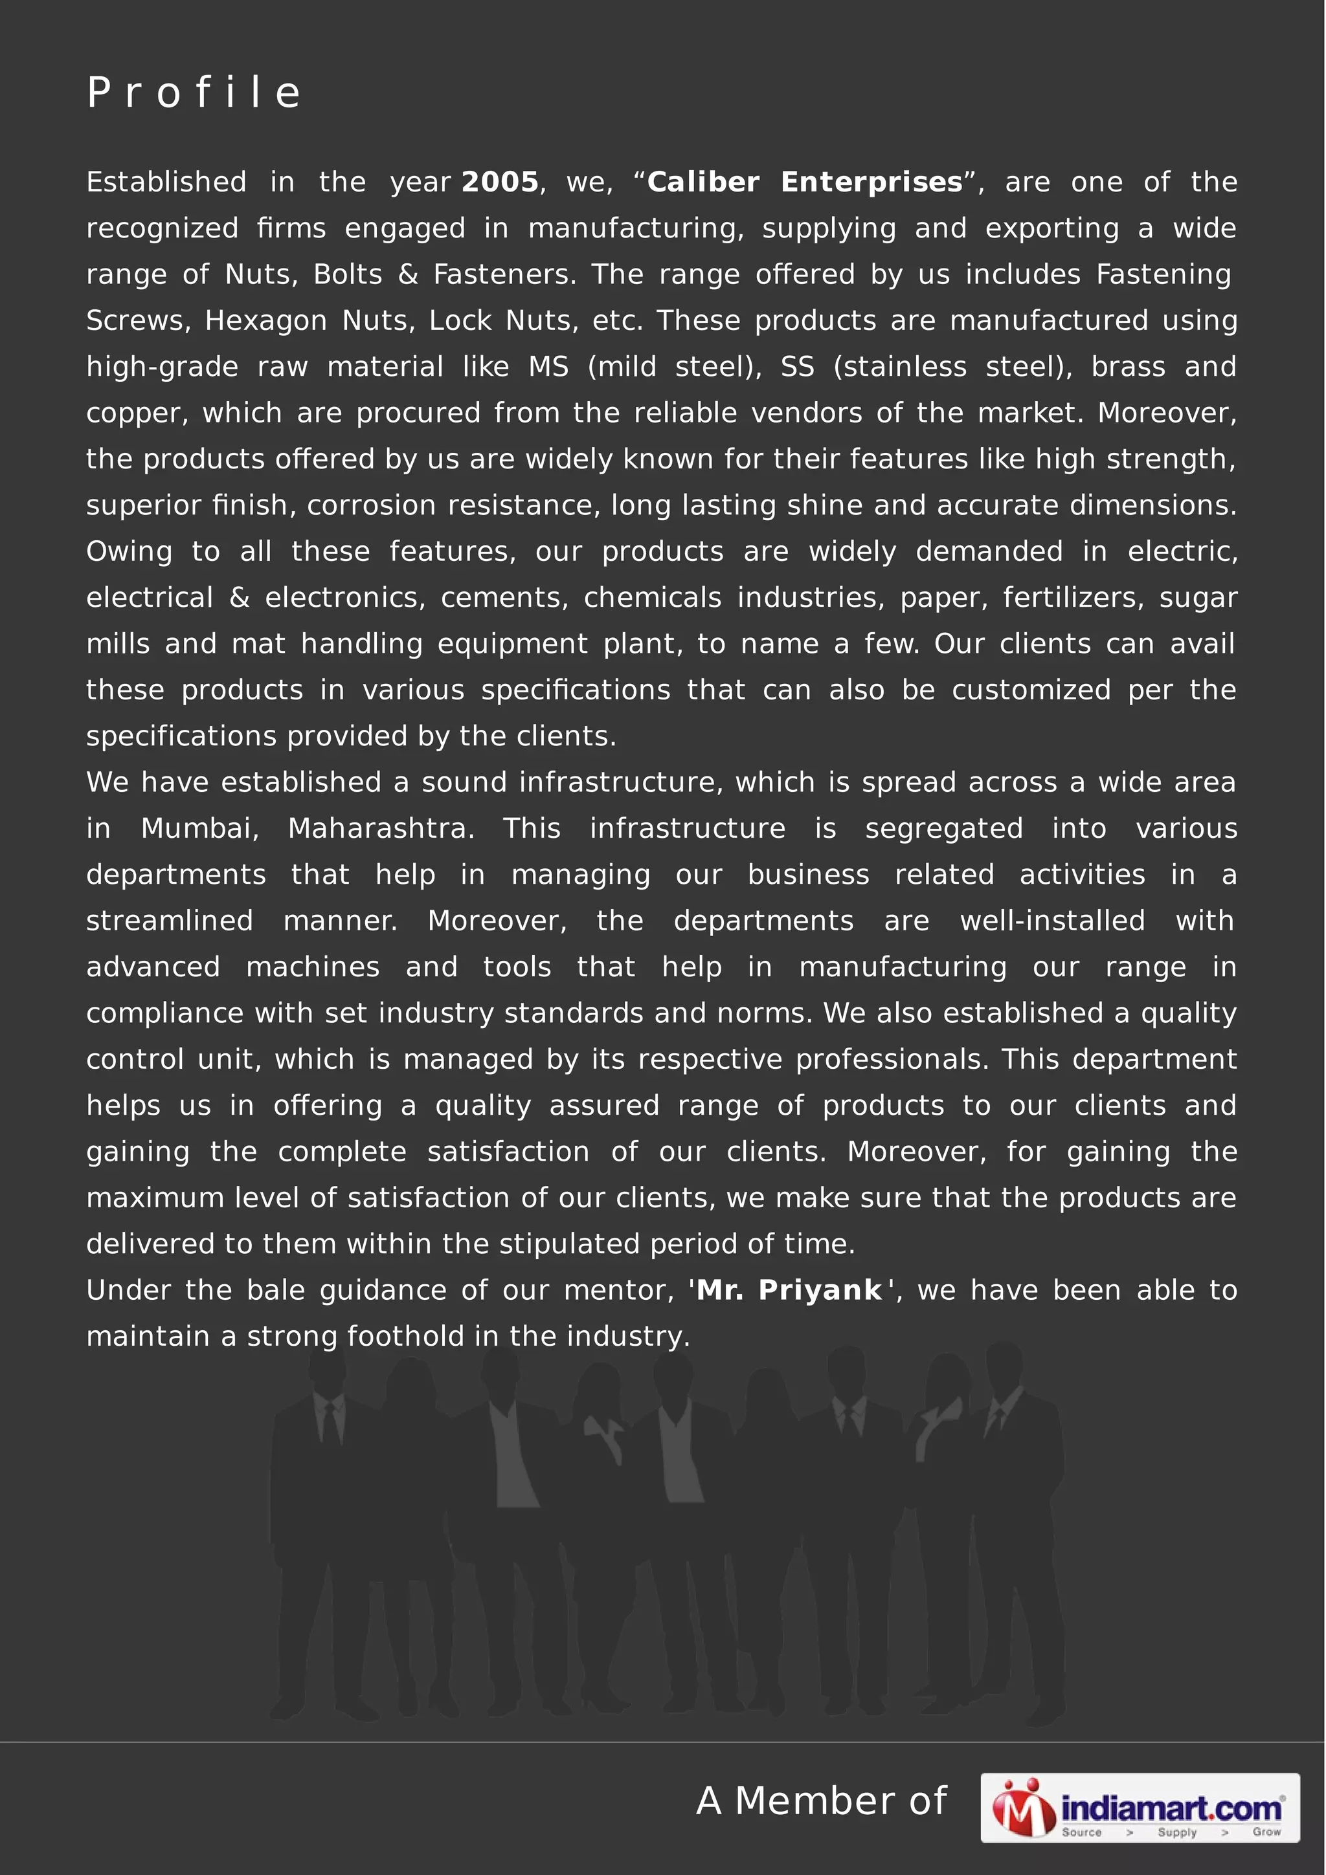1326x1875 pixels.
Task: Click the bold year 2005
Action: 500,182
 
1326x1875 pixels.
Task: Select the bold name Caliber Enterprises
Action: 805,182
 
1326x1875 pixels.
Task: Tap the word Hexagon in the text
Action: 265,320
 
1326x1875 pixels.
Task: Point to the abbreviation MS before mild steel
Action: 548,367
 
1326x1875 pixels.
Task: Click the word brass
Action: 1127,367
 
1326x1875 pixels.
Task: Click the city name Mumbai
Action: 199,828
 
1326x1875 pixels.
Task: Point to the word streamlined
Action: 170,920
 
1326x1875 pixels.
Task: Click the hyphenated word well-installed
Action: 1052,920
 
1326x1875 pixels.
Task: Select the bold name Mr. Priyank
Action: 789,1290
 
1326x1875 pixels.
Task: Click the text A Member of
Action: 821,1801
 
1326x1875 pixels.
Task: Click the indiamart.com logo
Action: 1139,1808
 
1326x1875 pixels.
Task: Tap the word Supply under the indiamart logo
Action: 1176,1832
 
